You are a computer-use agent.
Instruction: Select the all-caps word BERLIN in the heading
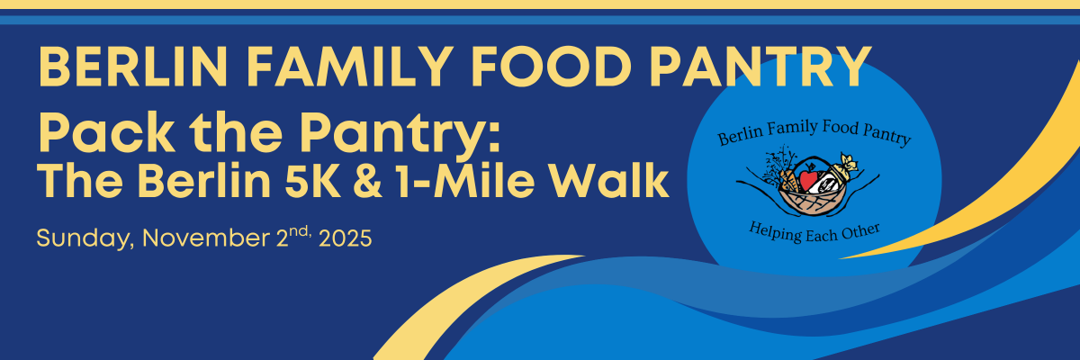[133, 67]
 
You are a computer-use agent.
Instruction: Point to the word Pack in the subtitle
[106, 132]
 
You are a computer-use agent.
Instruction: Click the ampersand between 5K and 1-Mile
[367, 181]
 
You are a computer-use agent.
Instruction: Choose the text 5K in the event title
[312, 181]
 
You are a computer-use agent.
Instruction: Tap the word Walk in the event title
[609, 181]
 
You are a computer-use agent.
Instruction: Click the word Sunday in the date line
[85, 238]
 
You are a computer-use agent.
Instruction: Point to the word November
[206, 238]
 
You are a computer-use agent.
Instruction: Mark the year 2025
[346, 238]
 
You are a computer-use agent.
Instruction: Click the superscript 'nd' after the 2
[301, 231]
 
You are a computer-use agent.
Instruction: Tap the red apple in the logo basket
[808, 178]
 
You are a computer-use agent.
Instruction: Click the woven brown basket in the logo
[813, 202]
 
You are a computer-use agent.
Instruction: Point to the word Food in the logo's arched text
[841, 127]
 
